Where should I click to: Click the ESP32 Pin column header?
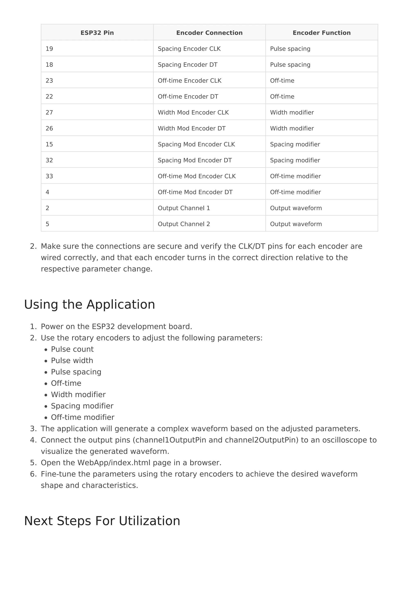pyautogui.click(x=97, y=33)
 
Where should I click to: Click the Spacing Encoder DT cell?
pyautogui.click(x=188, y=65)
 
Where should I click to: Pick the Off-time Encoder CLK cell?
pyautogui.click(x=190, y=81)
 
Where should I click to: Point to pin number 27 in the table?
pyautogui.click(x=49, y=112)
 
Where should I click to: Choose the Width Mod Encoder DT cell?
pyautogui.click(x=192, y=128)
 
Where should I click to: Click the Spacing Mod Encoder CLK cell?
pyautogui.click(x=196, y=144)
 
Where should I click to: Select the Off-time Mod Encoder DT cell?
pyautogui.click(x=195, y=192)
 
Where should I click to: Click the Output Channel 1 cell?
pyautogui.click(x=184, y=208)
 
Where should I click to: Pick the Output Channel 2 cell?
pyautogui.click(x=184, y=224)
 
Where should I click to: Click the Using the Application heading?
pyautogui.click(x=90, y=305)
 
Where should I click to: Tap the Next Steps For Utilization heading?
pyautogui.click(x=102, y=521)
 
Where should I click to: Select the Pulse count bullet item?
pyautogui.click(x=72, y=349)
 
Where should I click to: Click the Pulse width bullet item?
pyautogui.click(x=72, y=360)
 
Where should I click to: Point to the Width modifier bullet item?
pyautogui.click(x=78, y=395)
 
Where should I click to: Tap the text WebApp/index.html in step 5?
pyautogui.click(x=114, y=463)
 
